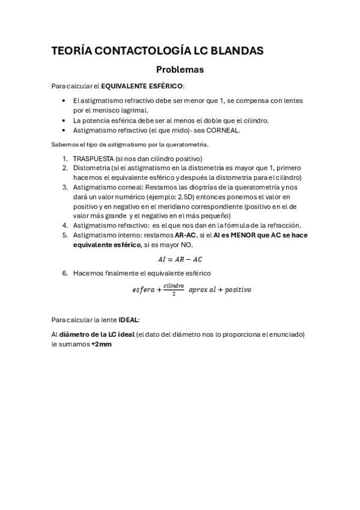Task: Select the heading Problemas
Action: pos(180,70)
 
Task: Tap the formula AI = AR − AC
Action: pos(180,259)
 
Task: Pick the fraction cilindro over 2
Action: pos(174,290)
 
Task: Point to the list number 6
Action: pos(64,273)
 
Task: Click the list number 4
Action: pos(64,226)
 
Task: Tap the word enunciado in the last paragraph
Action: pos(285,334)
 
